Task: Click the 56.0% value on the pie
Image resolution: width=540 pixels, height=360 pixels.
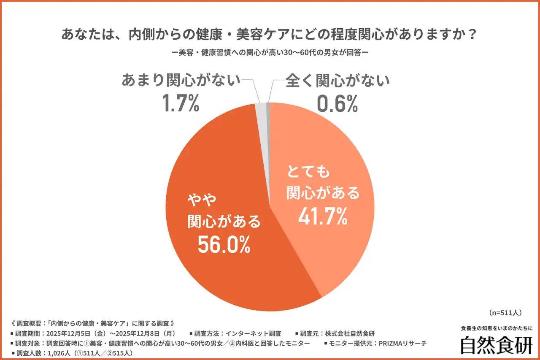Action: (x=224, y=245)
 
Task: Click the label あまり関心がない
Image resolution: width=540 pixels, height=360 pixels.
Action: (x=181, y=80)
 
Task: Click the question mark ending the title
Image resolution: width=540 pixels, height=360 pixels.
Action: (x=472, y=34)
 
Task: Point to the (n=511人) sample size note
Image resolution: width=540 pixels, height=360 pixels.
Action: (x=506, y=313)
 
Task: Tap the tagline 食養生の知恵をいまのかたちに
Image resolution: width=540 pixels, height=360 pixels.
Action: (x=497, y=328)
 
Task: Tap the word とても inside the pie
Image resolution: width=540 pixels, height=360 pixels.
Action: (x=308, y=172)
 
